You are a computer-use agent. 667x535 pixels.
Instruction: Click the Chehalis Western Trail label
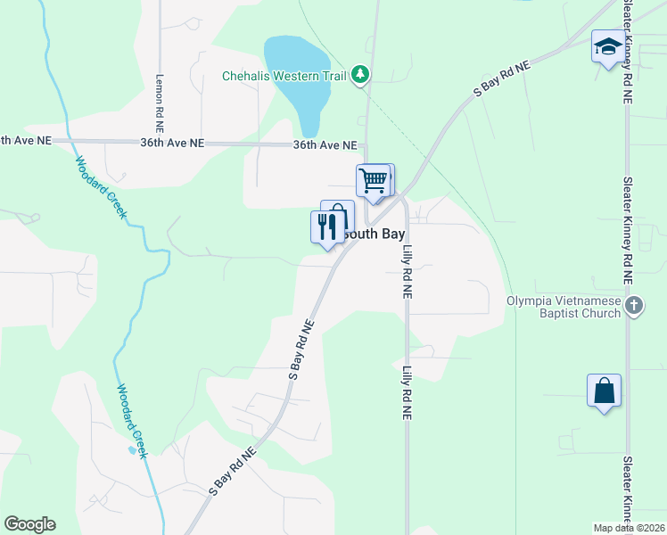pyautogui.click(x=284, y=76)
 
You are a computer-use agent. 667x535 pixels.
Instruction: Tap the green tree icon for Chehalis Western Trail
pyautogui.click(x=360, y=75)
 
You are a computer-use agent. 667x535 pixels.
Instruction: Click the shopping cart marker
pyautogui.click(x=373, y=181)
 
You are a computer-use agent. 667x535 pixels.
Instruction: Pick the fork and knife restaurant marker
pyautogui.click(x=327, y=226)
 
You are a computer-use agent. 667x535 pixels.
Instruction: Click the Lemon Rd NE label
pyautogui.click(x=161, y=98)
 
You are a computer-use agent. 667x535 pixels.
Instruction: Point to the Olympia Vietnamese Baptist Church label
pyautogui.click(x=564, y=307)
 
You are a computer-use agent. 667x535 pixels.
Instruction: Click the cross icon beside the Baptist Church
pyautogui.click(x=633, y=307)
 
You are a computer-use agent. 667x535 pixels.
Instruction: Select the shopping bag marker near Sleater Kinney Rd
pyautogui.click(x=604, y=391)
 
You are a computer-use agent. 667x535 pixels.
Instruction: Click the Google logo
pyautogui.click(x=29, y=524)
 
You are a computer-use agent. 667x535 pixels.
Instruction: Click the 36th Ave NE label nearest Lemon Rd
pyautogui.click(x=172, y=143)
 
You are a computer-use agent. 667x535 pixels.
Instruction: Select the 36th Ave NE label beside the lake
pyautogui.click(x=325, y=145)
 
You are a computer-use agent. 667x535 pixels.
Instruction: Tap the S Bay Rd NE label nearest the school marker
pyautogui.click(x=501, y=78)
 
